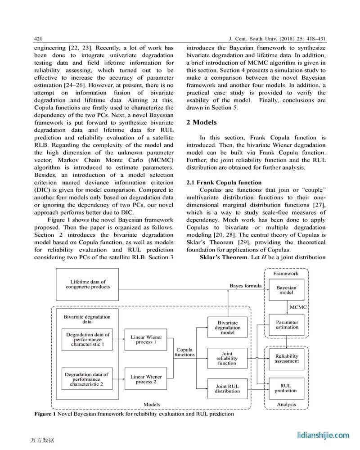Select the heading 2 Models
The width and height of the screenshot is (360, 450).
tap(201, 122)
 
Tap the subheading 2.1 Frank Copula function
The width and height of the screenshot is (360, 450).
tap(224, 182)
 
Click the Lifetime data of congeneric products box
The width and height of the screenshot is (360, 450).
tap(87, 284)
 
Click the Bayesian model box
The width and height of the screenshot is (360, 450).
tap(286, 289)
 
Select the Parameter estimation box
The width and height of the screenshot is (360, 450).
tap(287, 325)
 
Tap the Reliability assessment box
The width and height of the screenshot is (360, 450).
tap(287, 358)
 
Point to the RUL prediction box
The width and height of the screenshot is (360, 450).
tap(286, 388)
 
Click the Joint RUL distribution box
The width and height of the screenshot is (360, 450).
tap(227, 388)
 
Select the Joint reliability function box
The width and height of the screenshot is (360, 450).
tap(227, 359)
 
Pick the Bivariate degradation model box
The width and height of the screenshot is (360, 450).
tap(227, 328)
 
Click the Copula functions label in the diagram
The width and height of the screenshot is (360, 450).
tap(184, 352)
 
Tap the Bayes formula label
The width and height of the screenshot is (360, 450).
tap(245, 286)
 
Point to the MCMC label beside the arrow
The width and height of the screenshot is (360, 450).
tap(298, 307)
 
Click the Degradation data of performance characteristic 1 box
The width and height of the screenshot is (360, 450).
tap(87, 340)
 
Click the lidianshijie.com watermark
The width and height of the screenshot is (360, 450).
tap(323, 435)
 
